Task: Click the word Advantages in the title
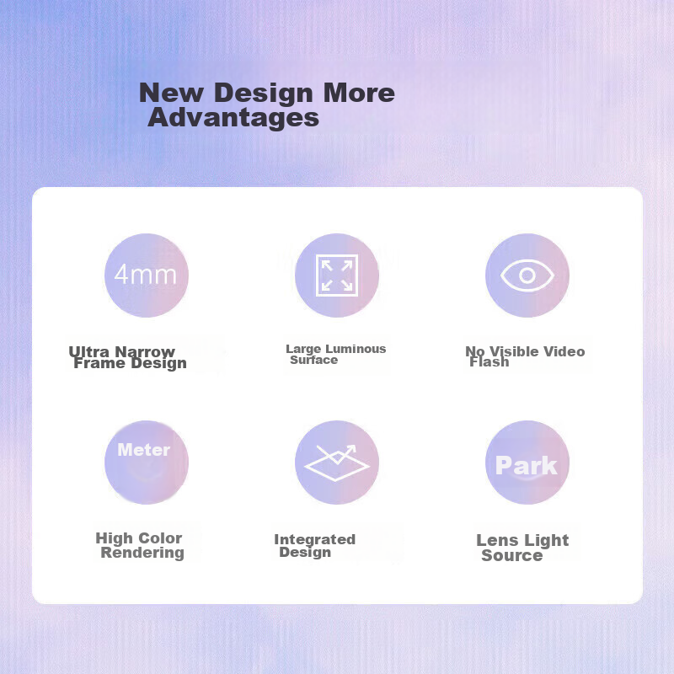click(x=233, y=117)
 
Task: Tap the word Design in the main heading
click(x=263, y=93)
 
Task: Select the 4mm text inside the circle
click(x=145, y=275)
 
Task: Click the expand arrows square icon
click(x=337, y=275)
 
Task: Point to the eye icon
click(x=527, y=275)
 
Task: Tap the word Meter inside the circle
click(x=144, y=450)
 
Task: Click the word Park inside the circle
click(x=526, y=466)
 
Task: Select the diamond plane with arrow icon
click(x=337, y=463)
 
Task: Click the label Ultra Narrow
click(x=121, y=351)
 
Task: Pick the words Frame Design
click(x=131, y=364)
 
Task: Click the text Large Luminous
click(x=335, y=349)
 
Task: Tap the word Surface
click(x=313, y=360)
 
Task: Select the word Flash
click(x=489, y=362)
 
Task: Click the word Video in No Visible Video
click(x=564, y=351)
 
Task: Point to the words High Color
click(x=139, y=538)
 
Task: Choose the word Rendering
click(x=142, y=553)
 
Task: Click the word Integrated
click(x=314, y=539)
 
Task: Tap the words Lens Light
click(x=522, y=540)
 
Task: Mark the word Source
click(x=512, y=555)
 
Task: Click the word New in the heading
click(x=172, y=93)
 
